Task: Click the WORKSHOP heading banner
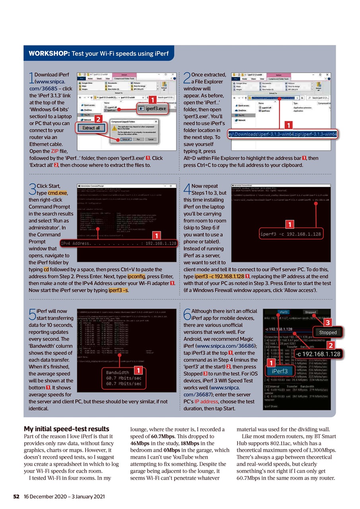pos(98,53)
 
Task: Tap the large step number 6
pos(187,315)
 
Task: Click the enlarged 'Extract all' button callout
pos(91,128)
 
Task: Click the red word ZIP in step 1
pos(54,151)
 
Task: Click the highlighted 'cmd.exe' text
pos(57,192)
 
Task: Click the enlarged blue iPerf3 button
pos(280,371)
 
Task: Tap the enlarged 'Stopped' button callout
pos(328,332)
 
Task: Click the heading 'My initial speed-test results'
pos(66,429)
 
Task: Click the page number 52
pos(17,496)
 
